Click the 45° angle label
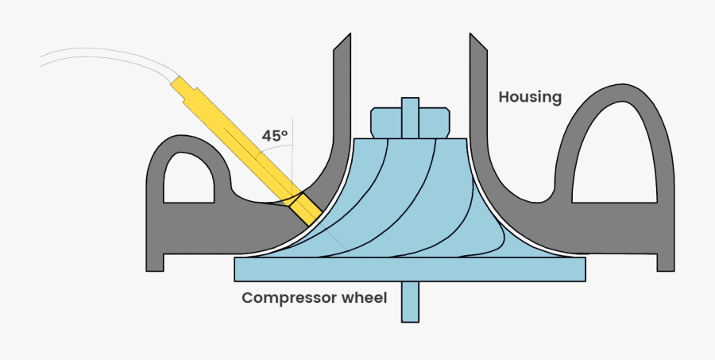coord(274,136)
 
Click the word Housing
coord(530,98)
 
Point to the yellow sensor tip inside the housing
coord(305,209)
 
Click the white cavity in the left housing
coord(189,179)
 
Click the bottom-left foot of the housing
coord(154,262)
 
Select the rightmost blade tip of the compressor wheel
coord(501,238)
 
